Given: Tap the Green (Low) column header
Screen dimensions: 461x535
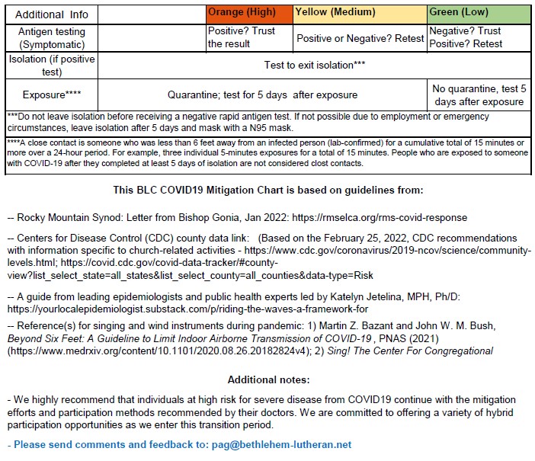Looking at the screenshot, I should tap(460, 13).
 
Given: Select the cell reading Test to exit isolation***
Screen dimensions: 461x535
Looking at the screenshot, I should tap(315, 66).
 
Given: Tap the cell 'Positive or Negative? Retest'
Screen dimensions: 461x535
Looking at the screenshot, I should tap(360, 38).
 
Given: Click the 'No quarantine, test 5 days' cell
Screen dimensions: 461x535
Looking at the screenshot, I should tap(479, 95).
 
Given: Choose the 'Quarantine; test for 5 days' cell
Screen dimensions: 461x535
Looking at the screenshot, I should tap(263, 95).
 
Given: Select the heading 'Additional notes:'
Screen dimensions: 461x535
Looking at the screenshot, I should tap(267, 379).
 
